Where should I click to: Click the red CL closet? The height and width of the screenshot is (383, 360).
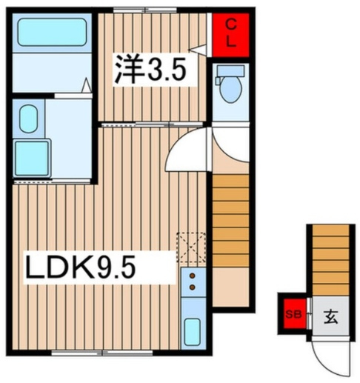click(230, 35)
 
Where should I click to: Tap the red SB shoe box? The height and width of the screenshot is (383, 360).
click(295, 314)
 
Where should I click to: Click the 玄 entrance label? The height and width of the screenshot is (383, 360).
click(330, 317)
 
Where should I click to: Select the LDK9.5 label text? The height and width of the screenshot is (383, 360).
click(81, 267)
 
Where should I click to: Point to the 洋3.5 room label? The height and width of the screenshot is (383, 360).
click(150, 69)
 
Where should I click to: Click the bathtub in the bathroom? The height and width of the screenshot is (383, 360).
click(52, 32)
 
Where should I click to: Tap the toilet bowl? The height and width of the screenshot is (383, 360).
click(231, 90)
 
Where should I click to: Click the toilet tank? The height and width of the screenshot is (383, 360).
click(230, 71)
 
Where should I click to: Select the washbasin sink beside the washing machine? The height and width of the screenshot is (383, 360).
click(28, 119)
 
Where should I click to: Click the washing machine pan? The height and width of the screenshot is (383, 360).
click(32, 159)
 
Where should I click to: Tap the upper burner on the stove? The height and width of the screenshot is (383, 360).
click(193, 276)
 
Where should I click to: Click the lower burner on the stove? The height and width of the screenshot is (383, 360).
click(193, 287)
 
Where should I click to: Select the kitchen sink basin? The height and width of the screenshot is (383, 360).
click(193, 332)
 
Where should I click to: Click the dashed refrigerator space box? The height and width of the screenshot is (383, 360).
click(191, 247)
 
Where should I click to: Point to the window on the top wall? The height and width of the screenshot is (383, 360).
click(145, 10)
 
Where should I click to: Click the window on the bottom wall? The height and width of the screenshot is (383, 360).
click(102, 353)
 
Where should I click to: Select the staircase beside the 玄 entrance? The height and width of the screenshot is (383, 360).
click(330, 260)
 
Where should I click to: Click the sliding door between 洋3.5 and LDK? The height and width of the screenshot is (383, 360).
click(152, 124)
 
